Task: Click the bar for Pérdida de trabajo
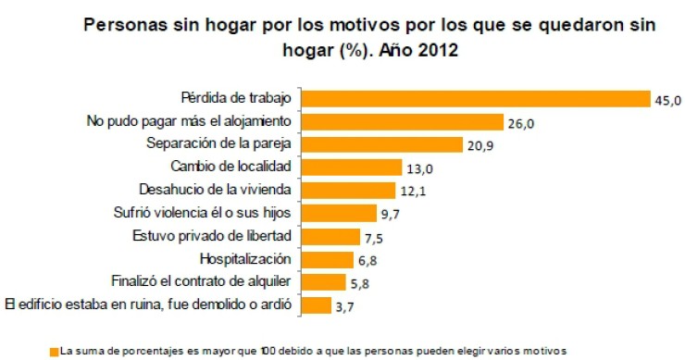pos(477,99)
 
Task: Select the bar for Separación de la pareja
pos(383,144)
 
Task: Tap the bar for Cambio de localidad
pos(353,168)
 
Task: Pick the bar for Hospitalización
pos(329,259)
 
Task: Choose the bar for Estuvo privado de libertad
pos(331,236)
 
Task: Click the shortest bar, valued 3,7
pos(318,304)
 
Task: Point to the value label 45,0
pos(667,100)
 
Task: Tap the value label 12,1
pos(414,192)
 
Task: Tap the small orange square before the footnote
pos(54,351)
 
